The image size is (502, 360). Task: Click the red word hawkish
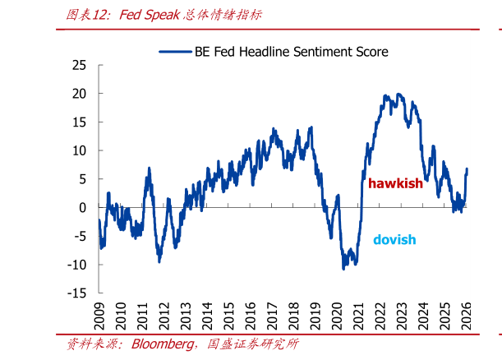pos(394,183)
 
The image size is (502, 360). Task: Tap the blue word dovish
pos(394,240)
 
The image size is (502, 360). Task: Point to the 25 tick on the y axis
pos(79,65)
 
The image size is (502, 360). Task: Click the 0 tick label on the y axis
pos(83,208)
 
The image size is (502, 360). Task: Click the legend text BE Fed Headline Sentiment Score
pos(292,51)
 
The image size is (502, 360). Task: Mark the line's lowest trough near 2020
pos(344,268)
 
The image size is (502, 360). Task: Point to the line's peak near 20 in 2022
pos(398,95)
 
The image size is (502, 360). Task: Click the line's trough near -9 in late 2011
pos(159,261)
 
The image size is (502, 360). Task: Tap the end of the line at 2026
pos(467,170)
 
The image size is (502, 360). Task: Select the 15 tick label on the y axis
pos(79,122)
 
